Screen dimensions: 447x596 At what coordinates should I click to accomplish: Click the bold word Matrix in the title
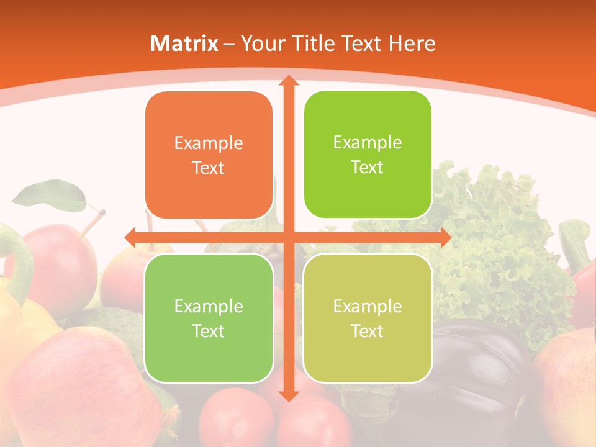(184, 43)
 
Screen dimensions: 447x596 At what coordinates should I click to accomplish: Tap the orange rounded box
(209, 155)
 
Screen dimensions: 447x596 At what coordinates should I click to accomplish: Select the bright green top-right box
(368, 155)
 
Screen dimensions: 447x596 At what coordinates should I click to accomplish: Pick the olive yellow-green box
(368, 318)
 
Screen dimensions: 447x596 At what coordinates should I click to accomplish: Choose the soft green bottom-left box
(209, 318)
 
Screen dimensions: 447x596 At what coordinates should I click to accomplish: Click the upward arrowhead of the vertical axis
(288, 81)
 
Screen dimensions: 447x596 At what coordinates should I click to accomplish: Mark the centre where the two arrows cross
(288, 237)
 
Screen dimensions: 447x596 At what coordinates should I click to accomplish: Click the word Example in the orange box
(209, 143)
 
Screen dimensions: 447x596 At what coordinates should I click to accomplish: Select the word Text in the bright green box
(368, 168)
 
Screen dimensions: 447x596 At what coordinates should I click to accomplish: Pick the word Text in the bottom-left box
(209, 331)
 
